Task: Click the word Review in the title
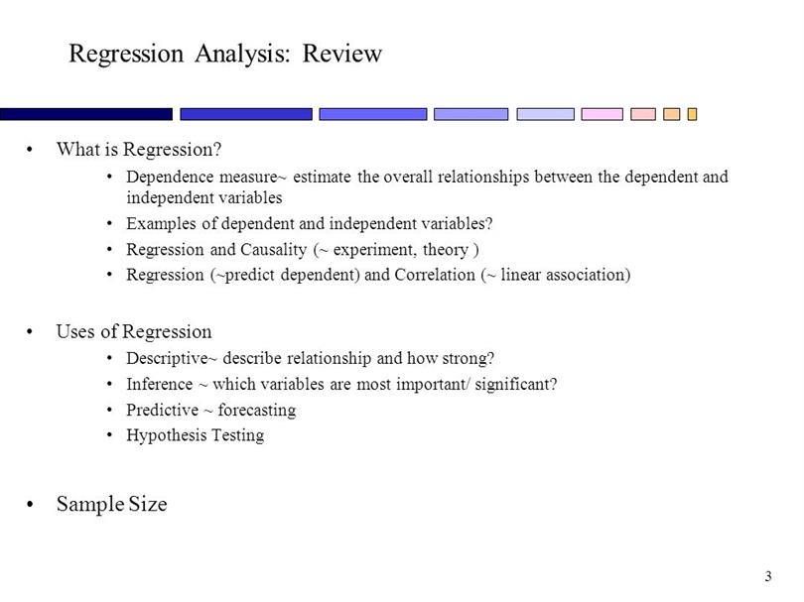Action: (342, 54)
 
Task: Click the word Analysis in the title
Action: (242, 55)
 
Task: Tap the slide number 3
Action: (768, 576)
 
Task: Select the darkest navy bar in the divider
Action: (86, 114)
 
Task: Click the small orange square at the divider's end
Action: (692, 114)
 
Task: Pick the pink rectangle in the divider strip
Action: (602, 114)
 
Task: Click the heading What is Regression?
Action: (139, 150)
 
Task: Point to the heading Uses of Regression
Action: (134, 332)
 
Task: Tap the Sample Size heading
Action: (112, 504)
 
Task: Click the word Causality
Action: (273, 250)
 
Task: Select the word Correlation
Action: (435, 275)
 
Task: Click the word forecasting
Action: (257, 411)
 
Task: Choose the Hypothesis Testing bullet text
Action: (196, 435)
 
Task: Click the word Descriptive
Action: (167, 358)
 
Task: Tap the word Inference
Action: (160, 384)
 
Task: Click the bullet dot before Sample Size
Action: (30, 505)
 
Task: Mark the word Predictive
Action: (163, 410)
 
